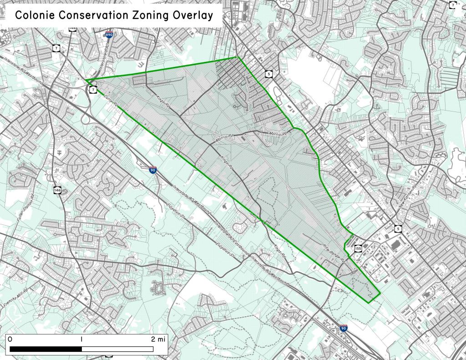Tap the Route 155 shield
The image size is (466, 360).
click(x=358, y=248)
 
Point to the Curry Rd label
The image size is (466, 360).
click(x=111, y=103)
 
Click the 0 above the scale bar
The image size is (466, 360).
click(x=10, y=339)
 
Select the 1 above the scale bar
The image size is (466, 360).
click(x=82, y=339)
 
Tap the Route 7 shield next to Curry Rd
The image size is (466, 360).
click(x=93, y=90)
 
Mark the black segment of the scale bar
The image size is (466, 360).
click(x=46, y=349)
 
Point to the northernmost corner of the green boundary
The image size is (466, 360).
click(x=238, y=57)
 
